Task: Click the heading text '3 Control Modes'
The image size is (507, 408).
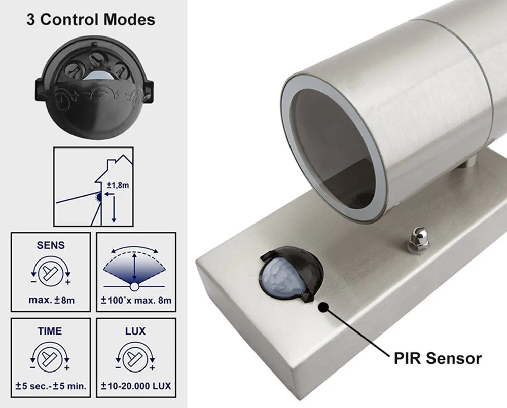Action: click(x=90, y=20)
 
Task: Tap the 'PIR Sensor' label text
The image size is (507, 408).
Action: click(x=437, y=358)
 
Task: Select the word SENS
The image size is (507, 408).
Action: click(x=50, y=245)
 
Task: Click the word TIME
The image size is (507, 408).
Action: click(x=50, y=331)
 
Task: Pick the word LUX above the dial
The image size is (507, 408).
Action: click(x=135, y=331)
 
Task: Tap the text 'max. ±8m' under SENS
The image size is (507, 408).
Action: click(x=51, y=300)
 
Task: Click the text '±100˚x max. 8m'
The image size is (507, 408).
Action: click(x=135, y=300)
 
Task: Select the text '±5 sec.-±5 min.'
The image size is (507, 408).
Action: click(x=51, y=386)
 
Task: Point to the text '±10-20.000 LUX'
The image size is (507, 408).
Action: click(x=135, y=386)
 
